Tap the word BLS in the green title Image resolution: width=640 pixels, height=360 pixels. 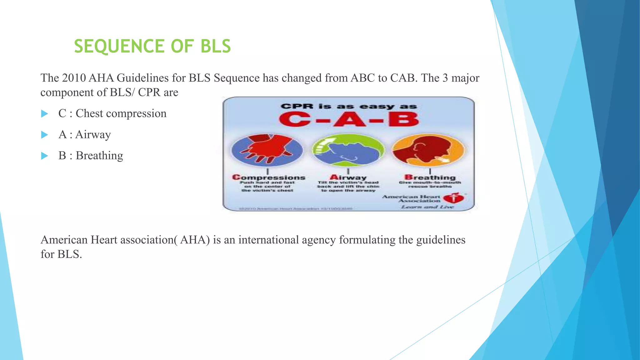point(215,46)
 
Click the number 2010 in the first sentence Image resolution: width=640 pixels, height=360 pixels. point(74,78)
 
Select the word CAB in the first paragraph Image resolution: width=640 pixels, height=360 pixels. point(403,78)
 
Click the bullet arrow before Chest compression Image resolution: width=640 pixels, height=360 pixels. point(45,114)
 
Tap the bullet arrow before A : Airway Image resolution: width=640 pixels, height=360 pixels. point(45,135)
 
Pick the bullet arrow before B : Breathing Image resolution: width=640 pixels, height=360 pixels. point(45,156)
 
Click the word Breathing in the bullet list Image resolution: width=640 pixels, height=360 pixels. point(99,156)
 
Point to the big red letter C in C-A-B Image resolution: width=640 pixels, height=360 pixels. point(293,120)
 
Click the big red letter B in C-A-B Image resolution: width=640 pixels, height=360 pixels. point(403,120)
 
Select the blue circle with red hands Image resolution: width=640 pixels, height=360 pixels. point(267,150)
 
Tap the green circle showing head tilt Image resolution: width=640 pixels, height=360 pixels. point(348,150)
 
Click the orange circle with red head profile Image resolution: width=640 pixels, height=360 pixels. point(428,150)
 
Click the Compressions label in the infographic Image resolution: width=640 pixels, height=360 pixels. point(269,177)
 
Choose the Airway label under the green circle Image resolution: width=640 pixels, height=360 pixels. point(348,177)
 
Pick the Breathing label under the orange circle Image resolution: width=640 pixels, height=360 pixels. point(430,177)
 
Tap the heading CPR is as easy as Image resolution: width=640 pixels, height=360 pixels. point(349,107)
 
